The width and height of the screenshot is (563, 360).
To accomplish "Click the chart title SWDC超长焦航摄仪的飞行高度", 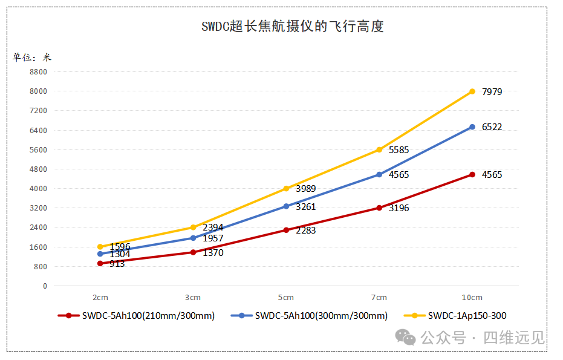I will [x=293, y=27].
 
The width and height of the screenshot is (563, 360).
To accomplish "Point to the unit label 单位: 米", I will [x=32, y=57].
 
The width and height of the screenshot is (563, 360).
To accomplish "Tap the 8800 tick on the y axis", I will [x=37, y=71].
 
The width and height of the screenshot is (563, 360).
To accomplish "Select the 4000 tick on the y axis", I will [x=37, y=188].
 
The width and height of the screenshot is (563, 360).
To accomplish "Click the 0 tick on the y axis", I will [x=44, y=286].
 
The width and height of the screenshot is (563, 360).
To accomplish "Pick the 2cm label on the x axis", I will [x=100, y=298].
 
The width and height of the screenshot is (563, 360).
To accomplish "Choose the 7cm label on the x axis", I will [x=379, y=298].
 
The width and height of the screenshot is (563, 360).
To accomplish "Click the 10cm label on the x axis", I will [x=472, y=298].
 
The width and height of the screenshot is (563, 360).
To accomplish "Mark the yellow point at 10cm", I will [x=472, y=91].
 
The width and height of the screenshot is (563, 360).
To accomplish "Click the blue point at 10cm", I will [x=472, y=127].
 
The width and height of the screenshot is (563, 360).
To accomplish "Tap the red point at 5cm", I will [x=286, y=230].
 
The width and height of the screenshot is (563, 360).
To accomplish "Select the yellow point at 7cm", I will [x=379, y=149].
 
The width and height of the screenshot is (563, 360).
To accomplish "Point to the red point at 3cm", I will [x=193, y=252].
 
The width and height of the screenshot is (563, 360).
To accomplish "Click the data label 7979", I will [x=492, y=92].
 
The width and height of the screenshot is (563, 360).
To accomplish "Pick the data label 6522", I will [x=492, y=127].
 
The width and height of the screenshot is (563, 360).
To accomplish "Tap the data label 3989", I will [x=305, y=189].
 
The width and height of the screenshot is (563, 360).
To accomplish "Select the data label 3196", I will [x=399, y=208].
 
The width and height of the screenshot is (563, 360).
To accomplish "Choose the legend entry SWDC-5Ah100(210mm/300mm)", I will [x=148, y=315].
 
